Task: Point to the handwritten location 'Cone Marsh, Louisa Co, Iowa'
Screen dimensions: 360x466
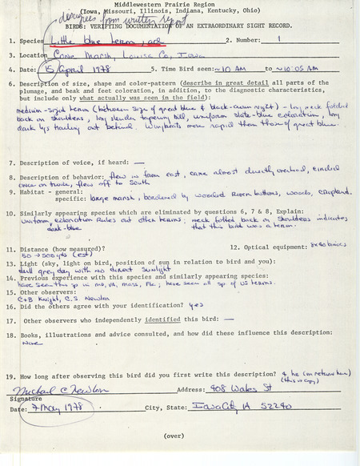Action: click(120, 55)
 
